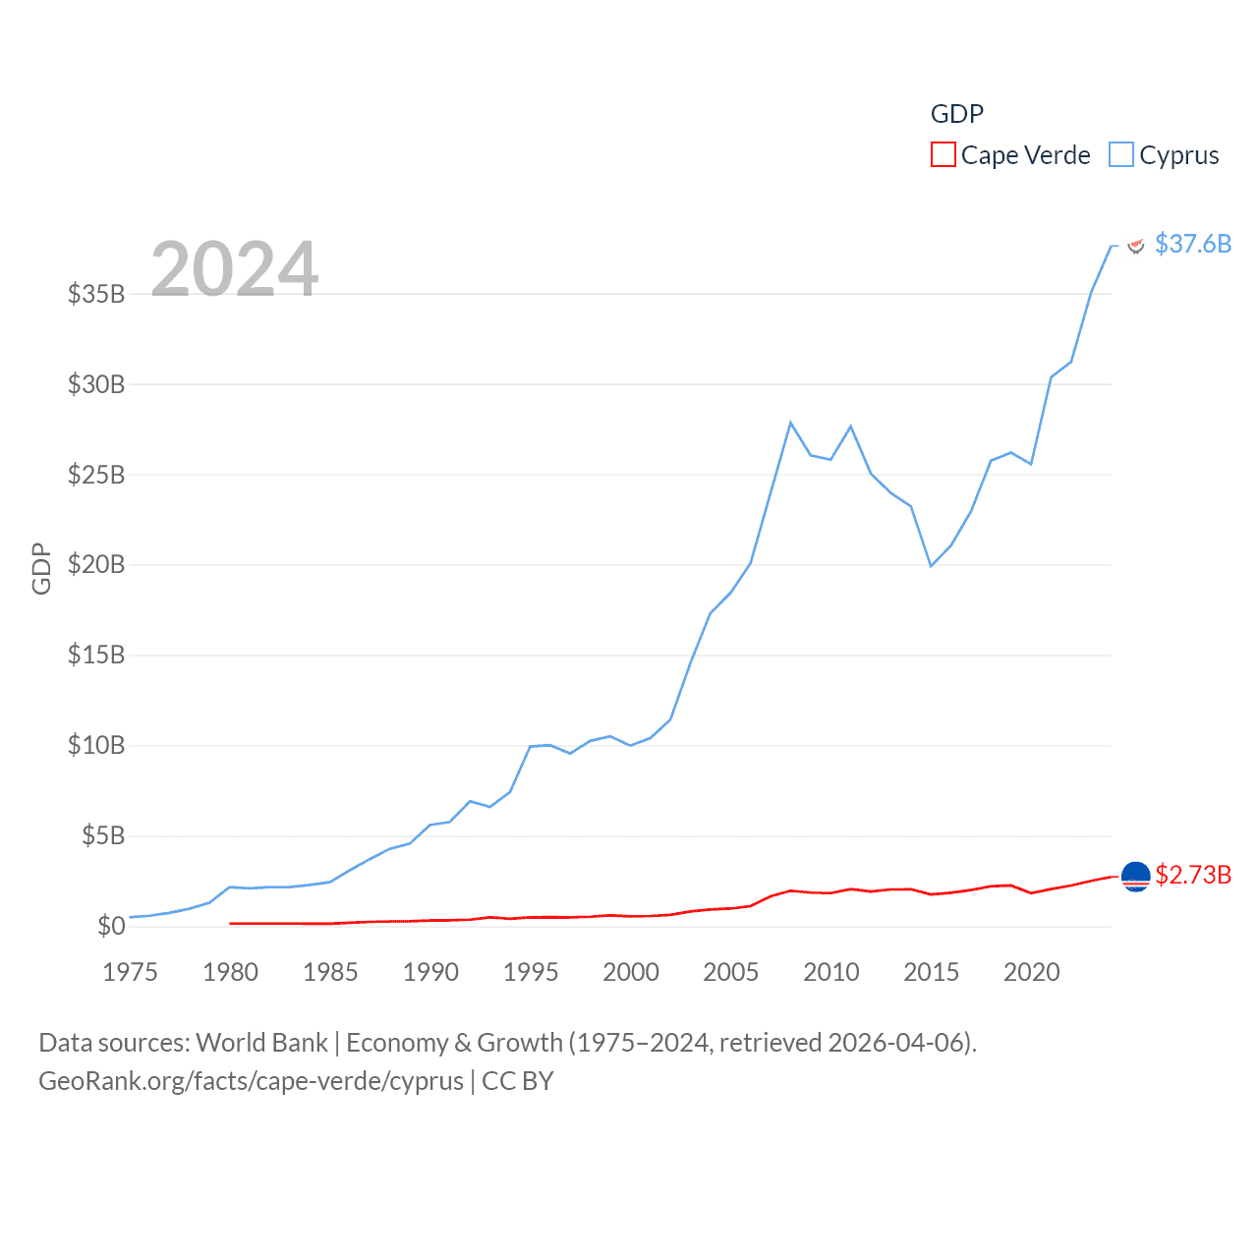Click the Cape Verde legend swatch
(x=943, y=155)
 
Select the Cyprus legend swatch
(x=1120, y=155)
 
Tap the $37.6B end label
(x=1192, y=244)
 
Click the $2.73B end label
(x=1192, y=875)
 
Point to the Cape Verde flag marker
(x=1135, y=876)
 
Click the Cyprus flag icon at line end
(x=1135, y=245)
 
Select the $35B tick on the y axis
(x=96, y=294)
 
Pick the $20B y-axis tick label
(x=96, y=564)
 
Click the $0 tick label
(x=111, y=926)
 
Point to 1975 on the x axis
(x=130, y=972)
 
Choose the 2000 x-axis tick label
(x=630, y=972)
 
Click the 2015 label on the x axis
(x=931, y=972)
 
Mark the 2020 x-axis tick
(x=1031, y=972)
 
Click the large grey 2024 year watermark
(x=234, y=268)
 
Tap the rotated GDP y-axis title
(x=41, y=568)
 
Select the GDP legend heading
(x=956, y=114)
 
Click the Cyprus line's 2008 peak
(x=790, y=423)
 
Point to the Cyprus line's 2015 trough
(x=931, y=566)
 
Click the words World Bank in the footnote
(x=261, y=1042)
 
